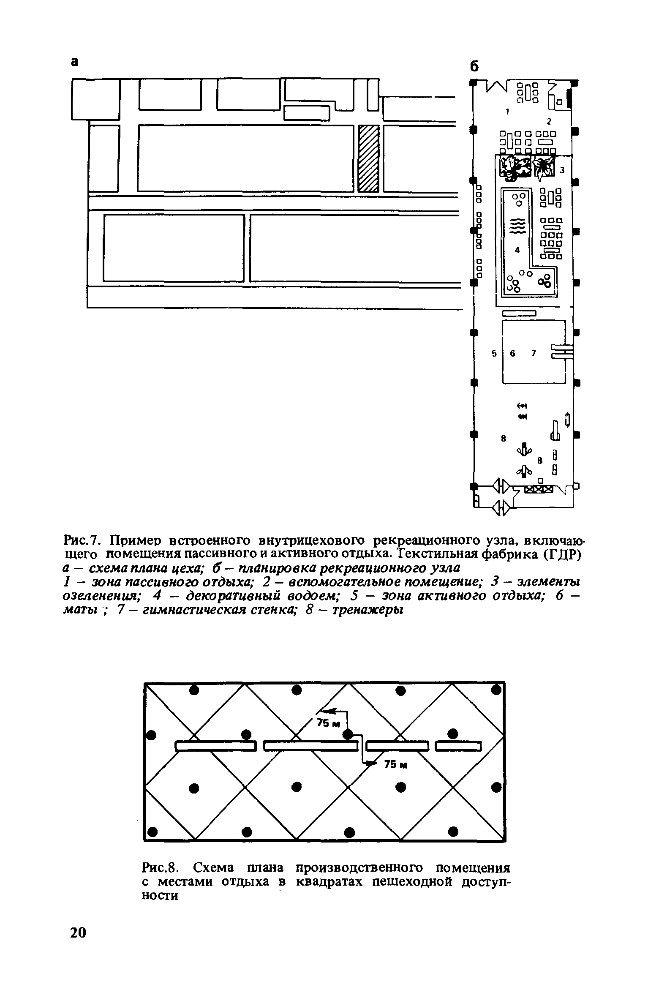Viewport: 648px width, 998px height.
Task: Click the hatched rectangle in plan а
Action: pos(368,158)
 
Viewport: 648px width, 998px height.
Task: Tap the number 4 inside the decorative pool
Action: pos(517,250)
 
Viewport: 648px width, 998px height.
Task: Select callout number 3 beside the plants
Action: pos(562,170)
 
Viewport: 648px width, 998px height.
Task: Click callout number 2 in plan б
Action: pos(549,121)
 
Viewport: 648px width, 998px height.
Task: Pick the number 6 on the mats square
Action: pos(513,354)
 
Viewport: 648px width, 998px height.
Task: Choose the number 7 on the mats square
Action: pos(533,353)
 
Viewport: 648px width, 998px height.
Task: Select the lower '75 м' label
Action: pos(395,764)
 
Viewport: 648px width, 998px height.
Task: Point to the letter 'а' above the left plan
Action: pos(74,62)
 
